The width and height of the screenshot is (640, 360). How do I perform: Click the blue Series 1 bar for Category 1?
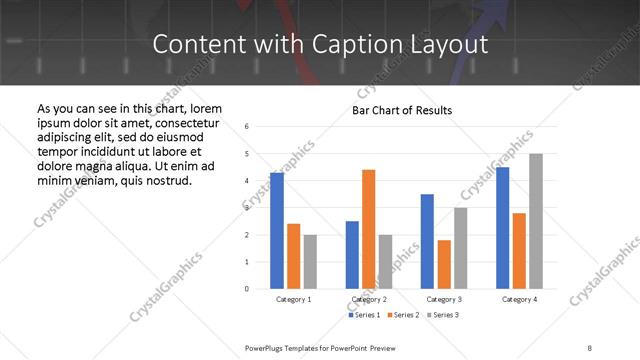click(277, 230)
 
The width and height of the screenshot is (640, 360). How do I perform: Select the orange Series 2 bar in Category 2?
click(368, 229)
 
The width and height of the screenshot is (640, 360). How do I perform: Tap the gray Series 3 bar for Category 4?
click(536, 221)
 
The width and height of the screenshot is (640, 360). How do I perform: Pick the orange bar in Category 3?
click(444, 264)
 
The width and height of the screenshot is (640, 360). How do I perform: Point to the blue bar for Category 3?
click(427, 241)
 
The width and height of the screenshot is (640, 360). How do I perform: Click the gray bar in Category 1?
click(310, 262)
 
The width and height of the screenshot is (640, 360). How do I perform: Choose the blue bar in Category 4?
click(502, 228)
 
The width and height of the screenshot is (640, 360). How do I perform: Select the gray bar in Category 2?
click(385, 262)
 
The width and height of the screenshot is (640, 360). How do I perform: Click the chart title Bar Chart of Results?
click(402, 110)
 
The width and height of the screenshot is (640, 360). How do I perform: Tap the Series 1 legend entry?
click(363, 315)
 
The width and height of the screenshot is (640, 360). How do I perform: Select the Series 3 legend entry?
click(444, 315)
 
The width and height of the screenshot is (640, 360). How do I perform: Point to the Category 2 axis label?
click(369, 299)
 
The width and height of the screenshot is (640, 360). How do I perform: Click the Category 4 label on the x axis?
click(519, 299)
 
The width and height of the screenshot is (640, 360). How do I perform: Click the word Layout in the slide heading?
click(455, 45)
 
